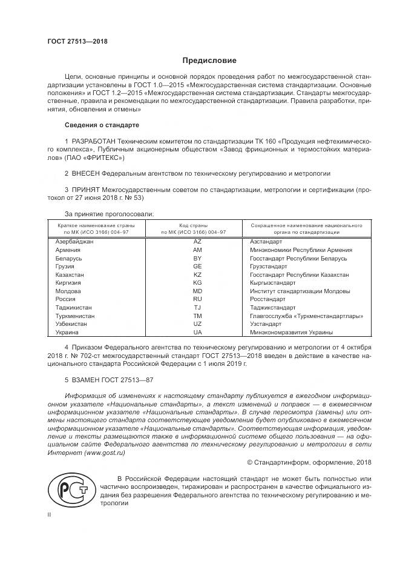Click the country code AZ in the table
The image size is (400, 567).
197,241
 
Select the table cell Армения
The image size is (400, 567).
68,250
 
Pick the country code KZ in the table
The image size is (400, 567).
197,274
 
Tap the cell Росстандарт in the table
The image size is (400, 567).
267,299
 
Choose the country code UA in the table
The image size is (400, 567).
197,333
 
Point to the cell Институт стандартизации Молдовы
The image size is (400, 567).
300,291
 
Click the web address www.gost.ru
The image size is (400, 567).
104,453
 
